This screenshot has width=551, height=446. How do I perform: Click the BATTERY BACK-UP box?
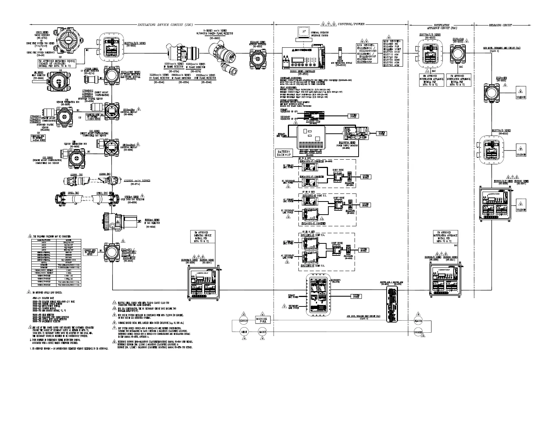(284, 153)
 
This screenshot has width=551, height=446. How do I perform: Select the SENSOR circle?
(243, 321)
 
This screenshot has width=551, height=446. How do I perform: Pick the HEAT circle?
(244, 332)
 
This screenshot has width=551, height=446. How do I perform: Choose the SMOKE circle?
(262, 332)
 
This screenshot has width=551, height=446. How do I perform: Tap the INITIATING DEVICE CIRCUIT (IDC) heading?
(165, 25)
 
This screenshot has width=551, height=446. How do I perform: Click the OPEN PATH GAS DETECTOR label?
(134, 199)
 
